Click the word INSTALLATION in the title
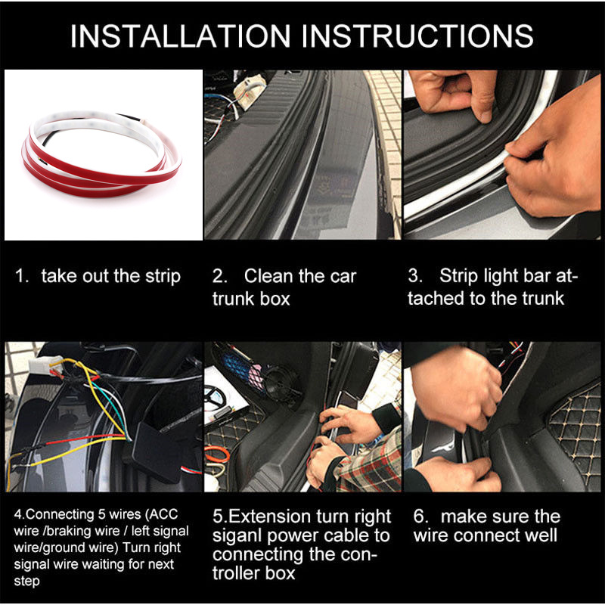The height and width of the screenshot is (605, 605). click(x=181, y=36)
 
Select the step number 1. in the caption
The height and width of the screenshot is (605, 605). click(x=23, y=276)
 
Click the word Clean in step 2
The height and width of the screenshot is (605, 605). click(x=271, y=276)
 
